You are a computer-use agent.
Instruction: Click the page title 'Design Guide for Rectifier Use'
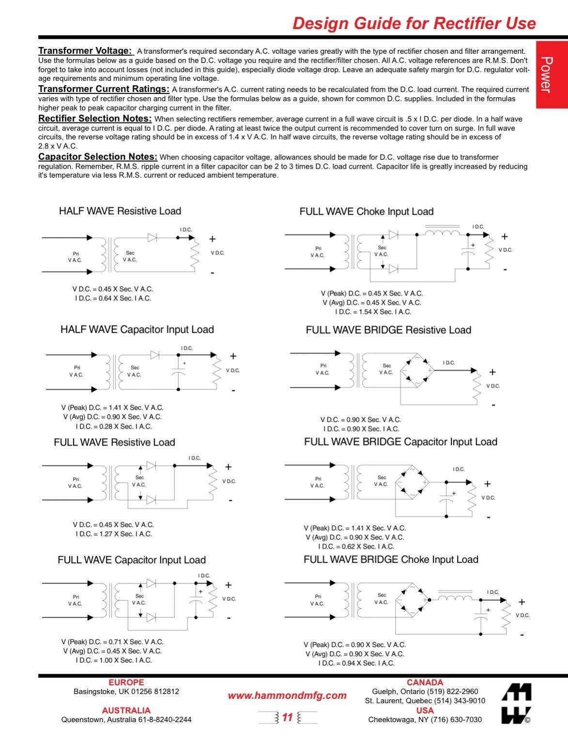(414, 23)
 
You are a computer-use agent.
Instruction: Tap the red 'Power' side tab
(546, 75)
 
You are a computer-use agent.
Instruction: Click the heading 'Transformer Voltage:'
(85, 51)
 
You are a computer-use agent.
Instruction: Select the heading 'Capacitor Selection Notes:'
(98, 157)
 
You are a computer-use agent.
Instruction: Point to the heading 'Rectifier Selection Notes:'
(95, 119)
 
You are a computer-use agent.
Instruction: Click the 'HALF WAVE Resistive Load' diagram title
(120, 211)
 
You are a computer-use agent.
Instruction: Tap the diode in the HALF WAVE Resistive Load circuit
(152, 237)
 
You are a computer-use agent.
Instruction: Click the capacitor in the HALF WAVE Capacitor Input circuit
(178, 372)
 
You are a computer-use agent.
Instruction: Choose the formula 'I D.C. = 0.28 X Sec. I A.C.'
(113, 427)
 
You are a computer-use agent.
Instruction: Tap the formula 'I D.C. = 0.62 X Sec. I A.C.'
(356, 546)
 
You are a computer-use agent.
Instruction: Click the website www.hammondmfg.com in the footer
(287, 696)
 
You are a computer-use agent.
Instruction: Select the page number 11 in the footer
(288, 717)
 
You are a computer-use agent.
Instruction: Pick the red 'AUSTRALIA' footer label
(126, 710)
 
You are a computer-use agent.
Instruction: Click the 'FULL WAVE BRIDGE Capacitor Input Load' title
(400, 442)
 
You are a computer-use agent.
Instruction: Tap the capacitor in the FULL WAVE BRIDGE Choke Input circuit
(481, 617)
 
